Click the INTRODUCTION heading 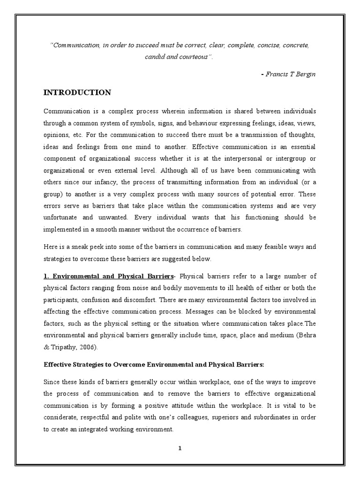[x=77, y=92]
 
